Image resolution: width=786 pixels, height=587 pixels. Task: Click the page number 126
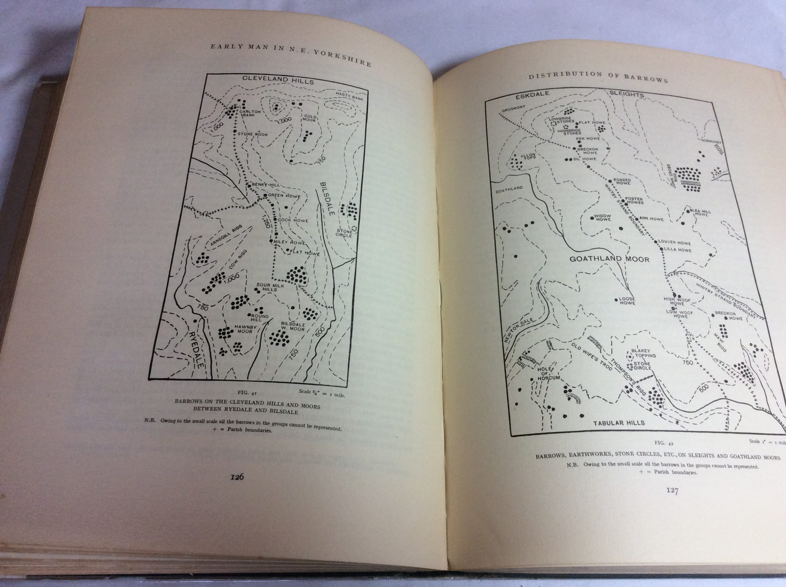237,477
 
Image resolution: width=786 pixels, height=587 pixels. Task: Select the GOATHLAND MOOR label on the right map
609,259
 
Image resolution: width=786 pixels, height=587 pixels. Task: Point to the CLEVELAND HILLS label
278,80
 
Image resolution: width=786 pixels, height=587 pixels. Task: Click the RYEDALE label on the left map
196,350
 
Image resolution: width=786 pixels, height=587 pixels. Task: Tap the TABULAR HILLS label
619,423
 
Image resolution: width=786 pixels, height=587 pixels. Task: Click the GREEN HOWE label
284,196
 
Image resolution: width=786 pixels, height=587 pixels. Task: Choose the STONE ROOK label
252,134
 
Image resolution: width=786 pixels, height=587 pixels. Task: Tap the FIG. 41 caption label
247,393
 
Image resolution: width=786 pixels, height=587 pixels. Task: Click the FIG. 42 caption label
663,443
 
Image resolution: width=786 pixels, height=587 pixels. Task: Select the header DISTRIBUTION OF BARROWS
598,77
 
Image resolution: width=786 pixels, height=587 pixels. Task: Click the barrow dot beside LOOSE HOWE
616,300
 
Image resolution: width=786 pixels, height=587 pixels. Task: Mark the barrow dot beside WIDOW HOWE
592,218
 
